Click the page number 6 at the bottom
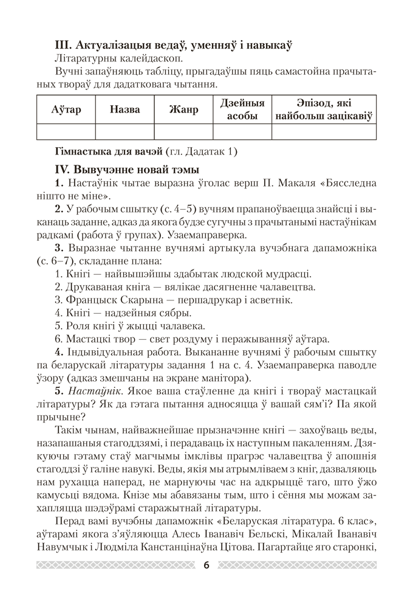tap(206, 565)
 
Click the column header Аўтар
tap(66, 109)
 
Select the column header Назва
tap(125, 109)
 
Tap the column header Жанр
tap(184, 109)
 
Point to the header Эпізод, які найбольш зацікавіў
tap(324, 109)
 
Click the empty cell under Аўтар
tap(66, 132)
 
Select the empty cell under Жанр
tap(184, 132)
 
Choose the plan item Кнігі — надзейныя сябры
tap(123, 314)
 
